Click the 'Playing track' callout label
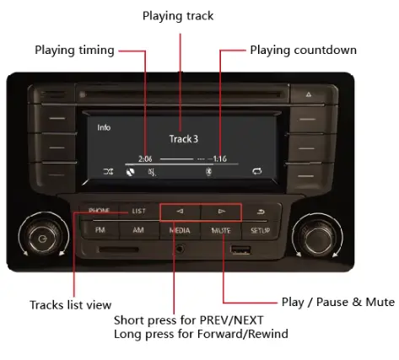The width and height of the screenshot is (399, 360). (x=177, y=16)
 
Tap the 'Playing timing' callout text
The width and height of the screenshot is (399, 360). (x=74, y=51)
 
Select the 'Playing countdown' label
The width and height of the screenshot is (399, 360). (x=303, y=51)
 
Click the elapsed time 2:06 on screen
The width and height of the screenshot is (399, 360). (x=146, y=158)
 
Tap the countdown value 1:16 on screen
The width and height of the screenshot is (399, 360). (x=219, y=158)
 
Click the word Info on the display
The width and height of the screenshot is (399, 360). (x=104, y=128)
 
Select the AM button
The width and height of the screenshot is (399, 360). (x=137, y=230)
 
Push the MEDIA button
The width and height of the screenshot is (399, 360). (x=179, y=230)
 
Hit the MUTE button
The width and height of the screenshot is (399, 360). (x=220, y=230)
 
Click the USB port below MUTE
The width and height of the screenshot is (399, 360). (x=240, y=250)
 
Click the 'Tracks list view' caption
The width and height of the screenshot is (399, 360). (x=70, y=304)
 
